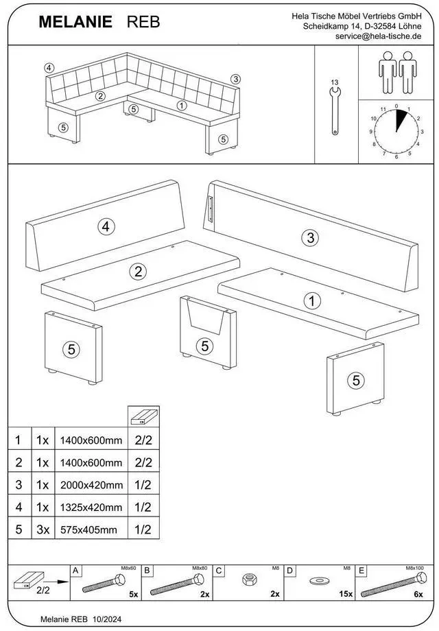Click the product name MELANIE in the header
75,22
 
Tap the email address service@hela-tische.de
378,36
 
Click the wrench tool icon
335,110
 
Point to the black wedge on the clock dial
401,119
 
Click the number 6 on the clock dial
396,157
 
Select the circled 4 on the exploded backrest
106,226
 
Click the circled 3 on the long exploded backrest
310,237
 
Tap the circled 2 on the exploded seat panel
138,272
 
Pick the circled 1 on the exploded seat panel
312,300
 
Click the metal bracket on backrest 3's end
210,209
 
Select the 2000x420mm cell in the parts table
92,485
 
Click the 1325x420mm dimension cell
91,508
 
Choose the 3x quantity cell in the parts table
43,529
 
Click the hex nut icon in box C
249,580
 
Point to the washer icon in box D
320,581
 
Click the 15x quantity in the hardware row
346,594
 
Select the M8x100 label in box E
415,568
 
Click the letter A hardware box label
75,570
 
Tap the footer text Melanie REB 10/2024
81,619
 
